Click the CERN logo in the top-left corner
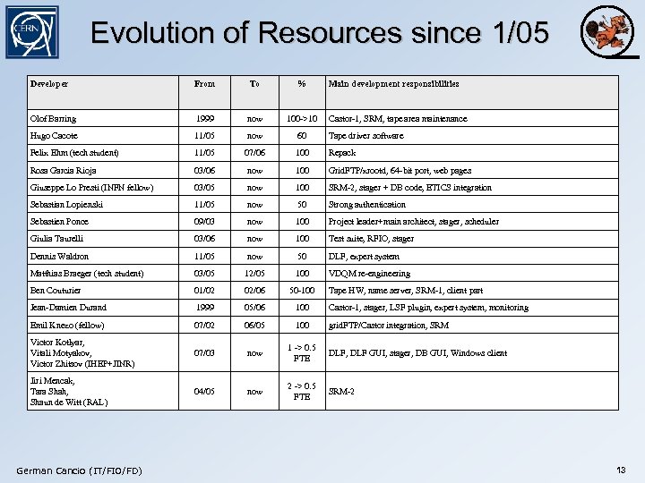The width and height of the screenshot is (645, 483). point(32,32)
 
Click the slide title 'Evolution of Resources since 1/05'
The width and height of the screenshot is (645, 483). point(320,33)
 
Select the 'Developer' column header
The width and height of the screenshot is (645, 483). point(49,84)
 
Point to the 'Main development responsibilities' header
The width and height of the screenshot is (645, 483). point(393,84)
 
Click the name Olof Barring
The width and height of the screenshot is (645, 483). point(53,119)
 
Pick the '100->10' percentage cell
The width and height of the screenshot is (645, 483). point(302,119)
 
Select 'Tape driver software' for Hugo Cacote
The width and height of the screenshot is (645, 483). point(365,136)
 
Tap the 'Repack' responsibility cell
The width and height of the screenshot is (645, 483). point(342,153)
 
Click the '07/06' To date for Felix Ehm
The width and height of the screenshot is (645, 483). point(254,153)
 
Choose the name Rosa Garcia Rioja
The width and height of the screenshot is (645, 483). point(63,170)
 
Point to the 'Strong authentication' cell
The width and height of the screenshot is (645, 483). point(367,205)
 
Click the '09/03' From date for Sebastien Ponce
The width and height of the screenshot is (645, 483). point(204,222)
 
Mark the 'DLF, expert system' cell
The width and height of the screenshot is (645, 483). point(364,256)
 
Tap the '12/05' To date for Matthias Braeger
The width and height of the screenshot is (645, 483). point(254,274)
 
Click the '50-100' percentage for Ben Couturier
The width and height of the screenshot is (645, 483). point(302,291)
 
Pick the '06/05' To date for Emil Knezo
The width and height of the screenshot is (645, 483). point(254,326)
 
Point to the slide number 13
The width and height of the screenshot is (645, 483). point(621,470)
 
